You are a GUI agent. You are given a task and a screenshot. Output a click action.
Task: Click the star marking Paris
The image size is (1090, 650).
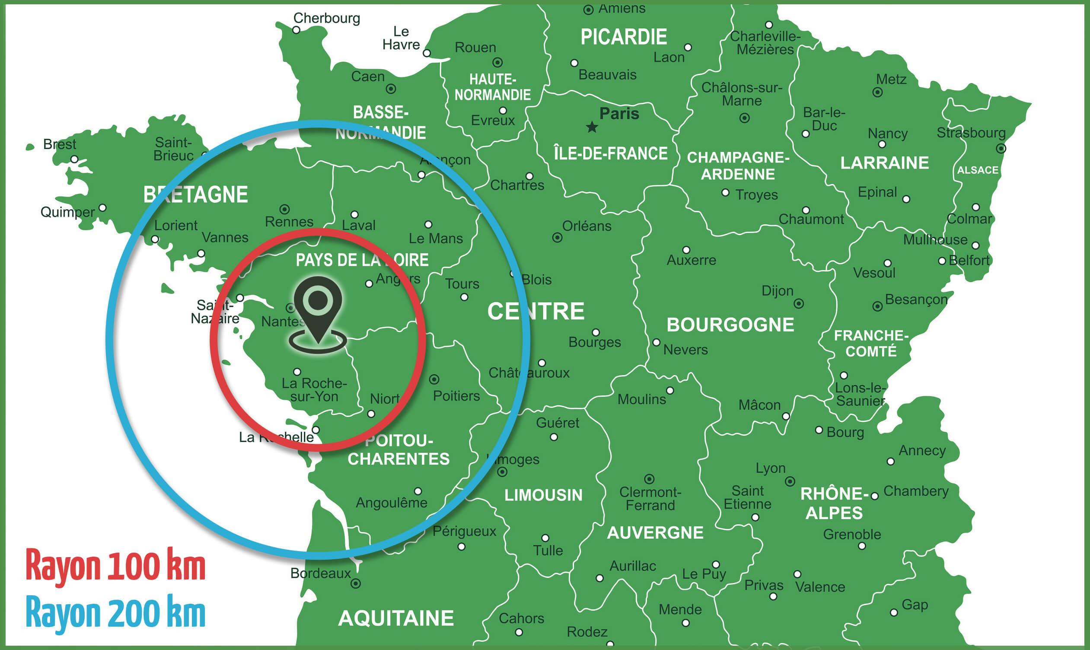tap(592, 127)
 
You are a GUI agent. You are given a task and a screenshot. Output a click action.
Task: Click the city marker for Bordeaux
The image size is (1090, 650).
tap(356, 583)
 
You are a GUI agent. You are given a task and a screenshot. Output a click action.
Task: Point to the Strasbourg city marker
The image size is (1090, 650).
tap(1001, 149)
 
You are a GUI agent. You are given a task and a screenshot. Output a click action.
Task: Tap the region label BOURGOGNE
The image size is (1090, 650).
tap(730, 325)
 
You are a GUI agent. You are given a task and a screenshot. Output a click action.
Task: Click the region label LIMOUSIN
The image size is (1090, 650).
tap(543, 495)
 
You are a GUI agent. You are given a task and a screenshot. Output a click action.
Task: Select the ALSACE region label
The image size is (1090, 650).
tap(978, 170)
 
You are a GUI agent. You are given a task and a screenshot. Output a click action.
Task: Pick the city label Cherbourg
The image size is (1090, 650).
tap(326, 19)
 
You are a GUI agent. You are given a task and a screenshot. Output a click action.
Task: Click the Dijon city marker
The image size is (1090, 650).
tap(799, 303)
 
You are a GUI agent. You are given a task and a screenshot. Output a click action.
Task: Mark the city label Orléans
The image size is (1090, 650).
tap(586, 226)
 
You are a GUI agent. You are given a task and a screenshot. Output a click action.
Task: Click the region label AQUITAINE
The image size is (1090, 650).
tap(396, 618)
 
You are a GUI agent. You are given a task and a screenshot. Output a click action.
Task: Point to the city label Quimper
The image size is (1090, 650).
tap(67, 213)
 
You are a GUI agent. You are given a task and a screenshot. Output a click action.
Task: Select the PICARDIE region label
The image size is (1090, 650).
tap(624, 37)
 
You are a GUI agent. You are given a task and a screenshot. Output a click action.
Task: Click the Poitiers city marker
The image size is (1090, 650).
tap(434, 379)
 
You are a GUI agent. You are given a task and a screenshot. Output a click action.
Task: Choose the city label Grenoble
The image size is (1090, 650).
tap(852, 534)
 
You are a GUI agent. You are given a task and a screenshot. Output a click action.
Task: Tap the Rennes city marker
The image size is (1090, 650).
tap(285, 209)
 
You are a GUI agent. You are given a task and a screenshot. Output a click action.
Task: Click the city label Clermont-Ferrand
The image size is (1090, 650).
tap(650, 499)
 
